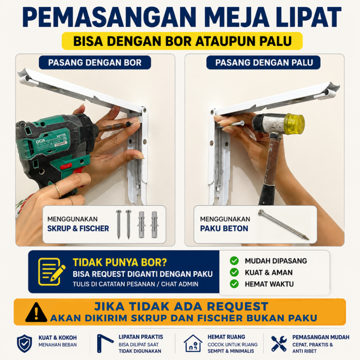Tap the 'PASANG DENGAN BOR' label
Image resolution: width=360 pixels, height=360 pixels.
[x=95, y=63]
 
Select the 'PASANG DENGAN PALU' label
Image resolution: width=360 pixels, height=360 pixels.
[x=263, y=63]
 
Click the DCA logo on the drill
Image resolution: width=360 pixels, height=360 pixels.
[x=41, y=141]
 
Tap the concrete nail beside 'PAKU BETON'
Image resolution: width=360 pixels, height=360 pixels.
[x=284, y=225]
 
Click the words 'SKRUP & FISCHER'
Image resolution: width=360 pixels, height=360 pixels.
[x=78, y=229]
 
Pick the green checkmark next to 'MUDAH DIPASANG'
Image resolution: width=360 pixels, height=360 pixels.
[x=234, y=261]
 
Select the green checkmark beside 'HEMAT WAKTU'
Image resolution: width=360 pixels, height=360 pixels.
[x=234, y=284]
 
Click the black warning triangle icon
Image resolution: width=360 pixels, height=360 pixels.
[x=36, y=313]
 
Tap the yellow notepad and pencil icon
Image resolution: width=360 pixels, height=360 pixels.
[x=52, y=272]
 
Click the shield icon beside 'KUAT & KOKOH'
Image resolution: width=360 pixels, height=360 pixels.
[x=25, y=343]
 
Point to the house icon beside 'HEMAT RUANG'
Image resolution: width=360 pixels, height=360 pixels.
[x=193, y=343]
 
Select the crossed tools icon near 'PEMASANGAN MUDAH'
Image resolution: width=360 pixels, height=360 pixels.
[x=279, y=344]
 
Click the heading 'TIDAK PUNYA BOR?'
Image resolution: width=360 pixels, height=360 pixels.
[x=120, y=262]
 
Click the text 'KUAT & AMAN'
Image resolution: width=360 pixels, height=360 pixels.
[x=269, y=272]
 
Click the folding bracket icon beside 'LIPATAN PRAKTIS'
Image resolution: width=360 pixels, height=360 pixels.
[x=104, y=343]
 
